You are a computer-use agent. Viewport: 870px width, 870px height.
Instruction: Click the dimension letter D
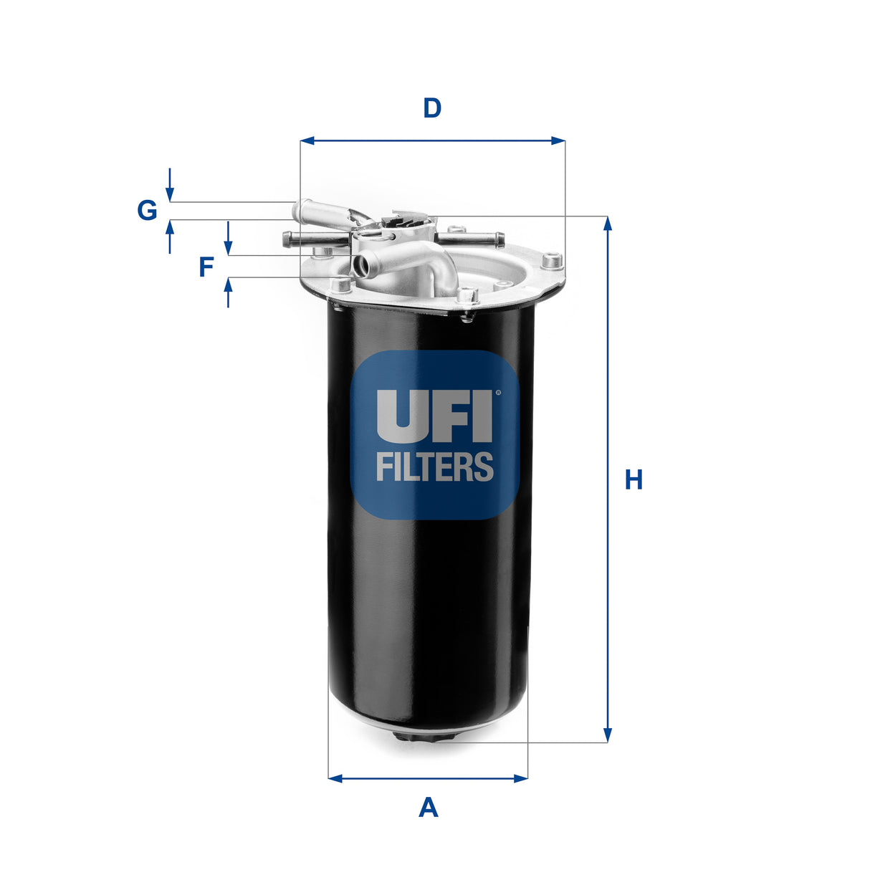click(432, 109)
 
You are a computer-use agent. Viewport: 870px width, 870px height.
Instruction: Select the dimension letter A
click(428, 808)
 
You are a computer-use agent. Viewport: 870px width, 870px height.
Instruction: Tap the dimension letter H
click(634, 479)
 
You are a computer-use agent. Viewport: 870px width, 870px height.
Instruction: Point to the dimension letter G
click(147, 211)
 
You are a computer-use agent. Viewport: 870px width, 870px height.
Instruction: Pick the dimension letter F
click(206, 267)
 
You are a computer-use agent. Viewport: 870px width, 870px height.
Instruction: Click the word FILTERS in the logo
click(434, 467)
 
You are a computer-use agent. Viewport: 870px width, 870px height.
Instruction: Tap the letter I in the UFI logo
click(483, 415)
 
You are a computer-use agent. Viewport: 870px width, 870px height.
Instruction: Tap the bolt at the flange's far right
click(552, 261)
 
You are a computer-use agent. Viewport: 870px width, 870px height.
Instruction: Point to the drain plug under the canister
click(429, 737)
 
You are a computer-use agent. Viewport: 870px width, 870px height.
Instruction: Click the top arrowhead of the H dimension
click(608, 223)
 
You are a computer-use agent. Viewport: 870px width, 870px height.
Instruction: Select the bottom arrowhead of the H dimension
click(608, 735)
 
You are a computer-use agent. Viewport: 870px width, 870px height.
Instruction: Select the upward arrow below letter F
click(229, 287)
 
